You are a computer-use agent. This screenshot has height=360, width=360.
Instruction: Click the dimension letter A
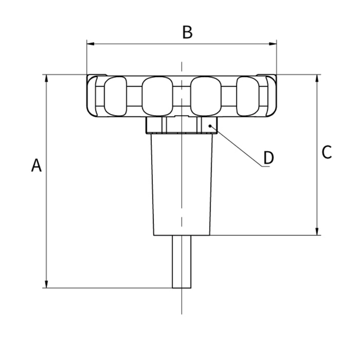pyautogui.click(x=36, y=165)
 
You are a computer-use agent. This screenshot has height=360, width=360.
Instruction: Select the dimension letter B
pyautogui.click(x=187, y=32)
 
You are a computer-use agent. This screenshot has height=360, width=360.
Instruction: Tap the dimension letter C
pyautogui.click(x=327, y=152)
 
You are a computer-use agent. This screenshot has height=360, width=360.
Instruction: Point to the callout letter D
pyautogui.click(x=268, y=157)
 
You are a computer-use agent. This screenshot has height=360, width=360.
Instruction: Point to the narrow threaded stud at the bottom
pyautogui.click(x=182, y=261)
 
